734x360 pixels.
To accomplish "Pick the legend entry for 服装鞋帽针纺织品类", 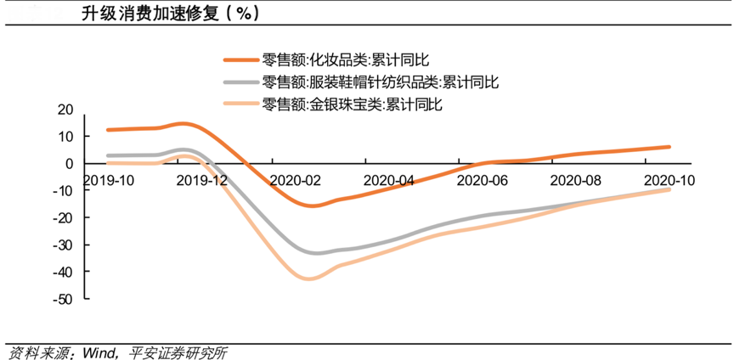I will coord(379,82).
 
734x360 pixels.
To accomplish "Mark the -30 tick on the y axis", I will coord(65,245).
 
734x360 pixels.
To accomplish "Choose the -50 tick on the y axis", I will coord(65,299).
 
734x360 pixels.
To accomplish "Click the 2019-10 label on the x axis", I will coord(110,180).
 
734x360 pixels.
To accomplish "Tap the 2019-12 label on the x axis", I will coord(203,180).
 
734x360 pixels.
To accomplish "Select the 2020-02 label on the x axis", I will coord(296,180).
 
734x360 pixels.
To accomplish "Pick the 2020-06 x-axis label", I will coord(483,180).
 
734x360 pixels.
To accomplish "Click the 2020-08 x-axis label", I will coord(575,180).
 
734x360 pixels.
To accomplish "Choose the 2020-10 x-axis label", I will coord(669,180).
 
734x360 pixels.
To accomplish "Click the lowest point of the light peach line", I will coord(310,278).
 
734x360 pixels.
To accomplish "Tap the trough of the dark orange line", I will coord(313,205).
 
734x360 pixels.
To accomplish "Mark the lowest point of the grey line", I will coord(316,253).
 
